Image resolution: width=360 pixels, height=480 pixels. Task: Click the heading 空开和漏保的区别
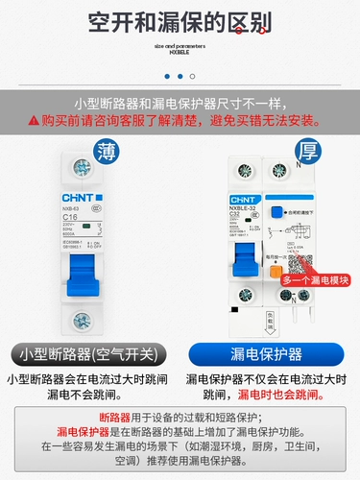[180, 21]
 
